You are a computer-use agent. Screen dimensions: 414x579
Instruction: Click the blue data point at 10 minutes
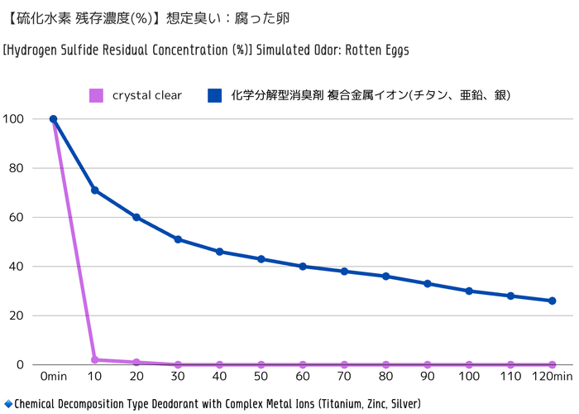(95, 190)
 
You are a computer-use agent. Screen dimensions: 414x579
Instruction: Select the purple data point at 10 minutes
(95, 360)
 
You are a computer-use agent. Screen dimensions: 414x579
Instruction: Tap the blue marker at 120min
(553, 301)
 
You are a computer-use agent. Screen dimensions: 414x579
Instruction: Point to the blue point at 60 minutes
(303, 267)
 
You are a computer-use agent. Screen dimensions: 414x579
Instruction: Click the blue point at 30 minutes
(178, 239)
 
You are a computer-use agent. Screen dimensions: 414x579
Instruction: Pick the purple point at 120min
(553, 364)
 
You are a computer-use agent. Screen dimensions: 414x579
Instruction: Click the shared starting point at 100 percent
(53, 119)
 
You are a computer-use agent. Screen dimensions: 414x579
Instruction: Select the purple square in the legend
(96, 95)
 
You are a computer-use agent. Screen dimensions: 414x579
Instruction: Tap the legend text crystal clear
(147, 95)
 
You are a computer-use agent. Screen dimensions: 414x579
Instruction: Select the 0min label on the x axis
(53, 377)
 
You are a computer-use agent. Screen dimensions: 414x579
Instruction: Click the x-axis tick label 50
(261, 377)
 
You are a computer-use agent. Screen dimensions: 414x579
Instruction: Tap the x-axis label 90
(428, 377)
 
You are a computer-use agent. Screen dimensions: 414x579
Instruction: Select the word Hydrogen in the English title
(31, 50)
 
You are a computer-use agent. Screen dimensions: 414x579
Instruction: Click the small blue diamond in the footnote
(7, 404)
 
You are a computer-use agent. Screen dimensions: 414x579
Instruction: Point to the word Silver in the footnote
(403, 404)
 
